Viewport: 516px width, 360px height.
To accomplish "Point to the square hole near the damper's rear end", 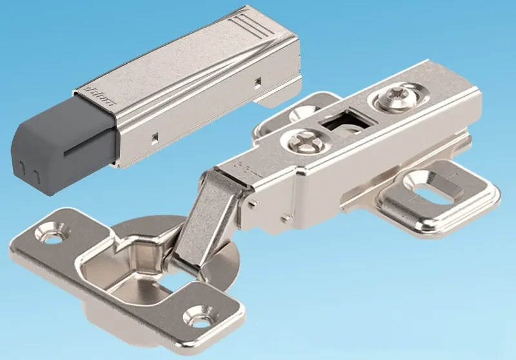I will [257, 82].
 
